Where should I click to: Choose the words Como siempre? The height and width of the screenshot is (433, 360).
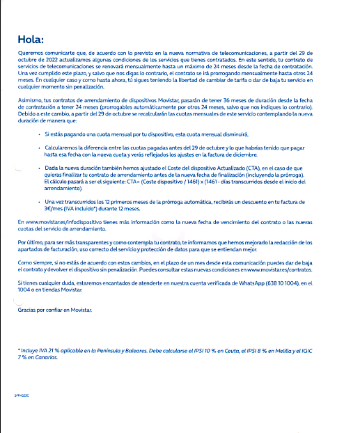(31, 260)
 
